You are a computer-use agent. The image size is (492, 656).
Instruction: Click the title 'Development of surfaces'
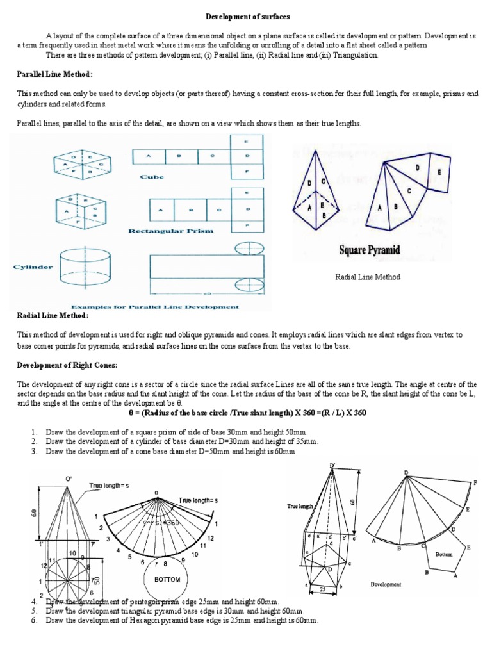click(x=246, y=15)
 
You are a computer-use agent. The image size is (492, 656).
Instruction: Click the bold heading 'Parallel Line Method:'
click(x=54, y=75)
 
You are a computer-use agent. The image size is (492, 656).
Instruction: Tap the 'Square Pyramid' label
click(x=370, y=249)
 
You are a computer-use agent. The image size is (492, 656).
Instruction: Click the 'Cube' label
click(x=152, y=177)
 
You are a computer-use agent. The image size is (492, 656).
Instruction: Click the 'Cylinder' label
click(x=33, y=266)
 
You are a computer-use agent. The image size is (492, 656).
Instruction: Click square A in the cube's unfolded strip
click(x=149, y=155)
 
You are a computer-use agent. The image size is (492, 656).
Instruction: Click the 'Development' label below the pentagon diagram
click(x=386, y=584)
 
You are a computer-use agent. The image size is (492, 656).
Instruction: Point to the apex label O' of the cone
click(x=68, y=477)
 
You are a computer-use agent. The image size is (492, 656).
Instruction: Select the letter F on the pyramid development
click(x=475, y=481)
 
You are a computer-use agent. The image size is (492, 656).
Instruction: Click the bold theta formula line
click(x=246, y=413)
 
